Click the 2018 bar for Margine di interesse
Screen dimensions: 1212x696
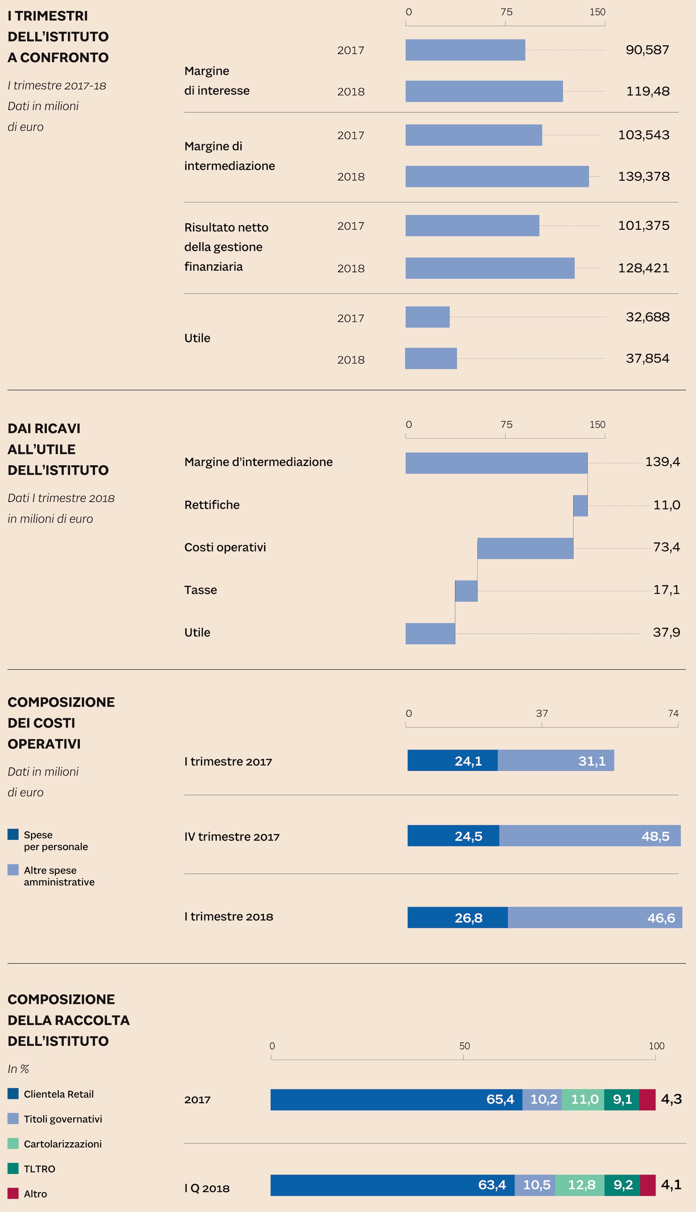click(x=484, y=91)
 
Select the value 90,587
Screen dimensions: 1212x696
click(x=647, y=50)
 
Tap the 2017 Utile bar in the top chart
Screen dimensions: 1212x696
click(x=427, y=317)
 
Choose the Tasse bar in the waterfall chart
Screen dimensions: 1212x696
click(x=466, y=591)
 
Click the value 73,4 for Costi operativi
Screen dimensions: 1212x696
click(x=666, y=547)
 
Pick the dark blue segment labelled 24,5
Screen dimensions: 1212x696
click(x=453, y=836)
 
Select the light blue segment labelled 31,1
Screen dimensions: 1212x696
click(x=555, y=760)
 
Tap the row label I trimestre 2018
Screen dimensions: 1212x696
click(x=228, y=917)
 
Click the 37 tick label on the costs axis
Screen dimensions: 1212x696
click(x=542, y=713)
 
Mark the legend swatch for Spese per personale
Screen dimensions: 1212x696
click(x=13, y=834)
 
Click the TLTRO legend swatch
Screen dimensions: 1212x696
click(x=13, y=1168)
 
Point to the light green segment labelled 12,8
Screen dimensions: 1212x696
click(x=580, y=1185)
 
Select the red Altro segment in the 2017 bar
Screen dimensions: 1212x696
click(x=647, y=1100)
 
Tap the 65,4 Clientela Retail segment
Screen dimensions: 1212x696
click(x=396, y=1100)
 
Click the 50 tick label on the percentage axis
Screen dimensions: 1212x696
click(x=464, y=1046)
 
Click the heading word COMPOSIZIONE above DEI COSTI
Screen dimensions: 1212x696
click(x=61, y=702)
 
